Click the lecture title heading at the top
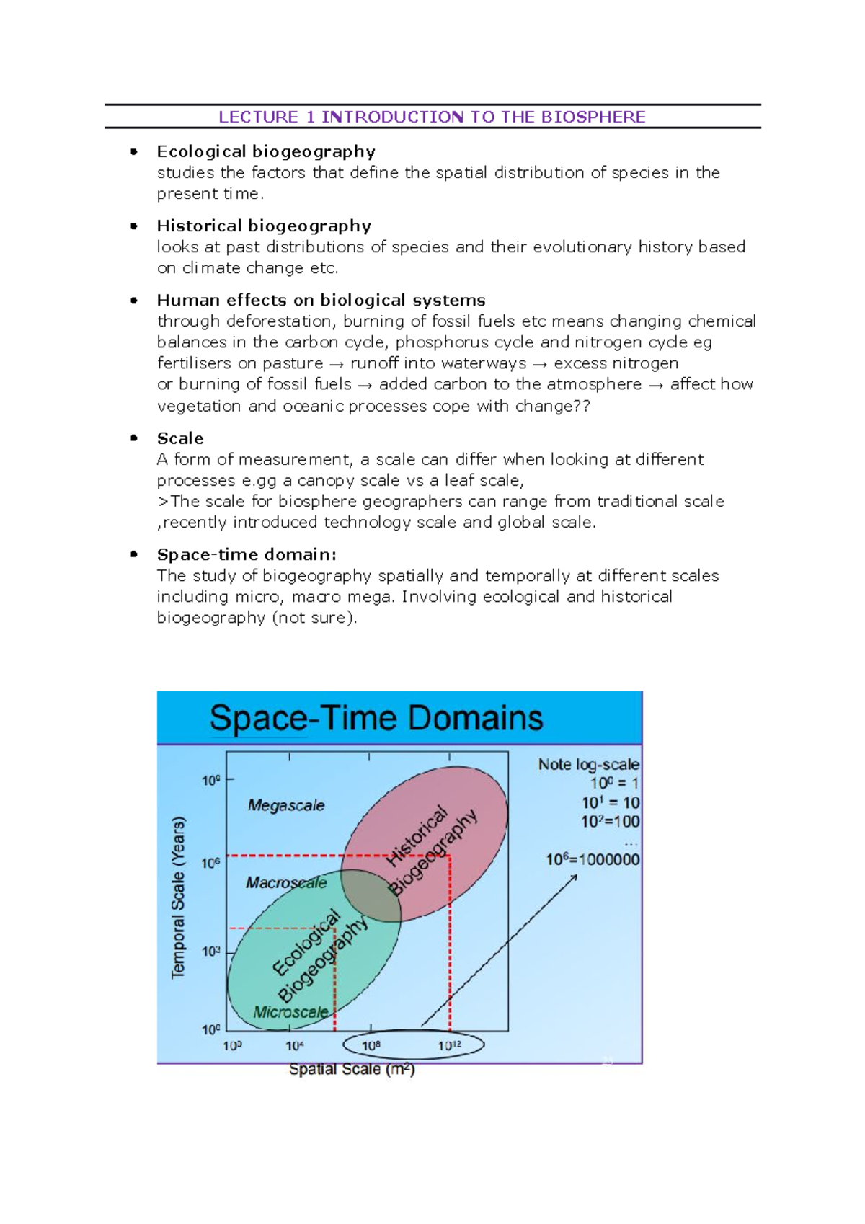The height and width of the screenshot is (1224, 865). [432, 117]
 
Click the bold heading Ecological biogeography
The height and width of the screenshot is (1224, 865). [266, 151]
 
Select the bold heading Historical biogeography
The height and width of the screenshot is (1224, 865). [264, 226]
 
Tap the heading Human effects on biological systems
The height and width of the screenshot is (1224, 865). [321, 300]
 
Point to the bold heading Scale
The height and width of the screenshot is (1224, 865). [180, 438]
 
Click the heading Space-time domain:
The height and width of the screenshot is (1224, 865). [247, 554]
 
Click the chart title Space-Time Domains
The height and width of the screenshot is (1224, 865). [376, 718]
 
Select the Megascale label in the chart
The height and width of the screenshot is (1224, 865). [286, 805]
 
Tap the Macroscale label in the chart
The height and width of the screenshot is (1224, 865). [286, 882]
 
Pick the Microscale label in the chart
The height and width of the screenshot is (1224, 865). [290, 1012]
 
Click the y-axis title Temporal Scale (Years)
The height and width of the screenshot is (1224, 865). [178, 897]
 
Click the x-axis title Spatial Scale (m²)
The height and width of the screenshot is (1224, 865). [352, 1069]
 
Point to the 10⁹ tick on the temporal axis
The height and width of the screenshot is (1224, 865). [210, 780]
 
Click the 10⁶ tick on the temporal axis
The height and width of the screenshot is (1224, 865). [210, 863]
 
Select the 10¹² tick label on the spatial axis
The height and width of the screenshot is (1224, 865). [450, 1045]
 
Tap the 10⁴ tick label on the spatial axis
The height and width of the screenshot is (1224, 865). [295, 1045]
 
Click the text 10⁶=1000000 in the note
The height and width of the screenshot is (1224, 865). [593, 859]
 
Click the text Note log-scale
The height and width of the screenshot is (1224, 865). [588, 764]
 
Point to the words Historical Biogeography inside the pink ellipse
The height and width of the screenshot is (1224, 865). [432, 851]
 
